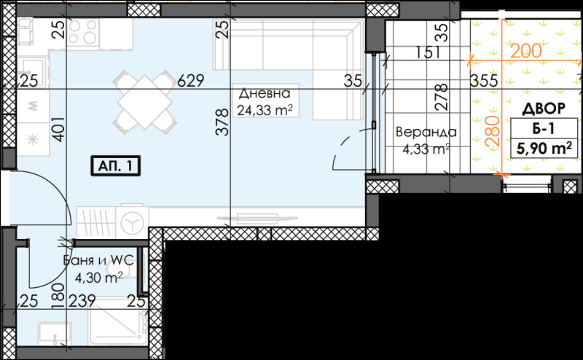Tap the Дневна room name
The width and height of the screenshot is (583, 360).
pos(265,94)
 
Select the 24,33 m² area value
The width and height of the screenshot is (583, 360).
pos(265,111)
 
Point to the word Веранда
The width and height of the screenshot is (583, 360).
pos(426,133)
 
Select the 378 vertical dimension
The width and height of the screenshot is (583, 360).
pos(224,125)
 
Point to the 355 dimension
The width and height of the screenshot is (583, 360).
pos(483,81)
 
